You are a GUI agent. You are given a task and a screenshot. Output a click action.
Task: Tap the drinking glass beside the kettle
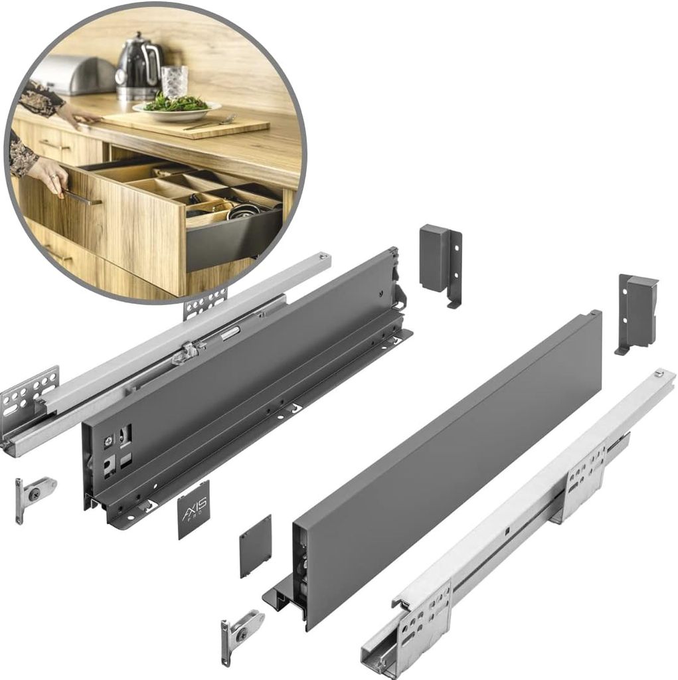click(x=174, y=82)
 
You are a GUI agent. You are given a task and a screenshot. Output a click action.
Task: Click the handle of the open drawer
click(x=83, y=198)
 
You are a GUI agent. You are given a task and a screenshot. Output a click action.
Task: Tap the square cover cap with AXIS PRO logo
click(x=194, y=509)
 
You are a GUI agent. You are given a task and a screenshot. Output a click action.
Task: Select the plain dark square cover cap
click(x=256, y=545)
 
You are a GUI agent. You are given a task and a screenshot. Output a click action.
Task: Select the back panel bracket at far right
click(x=637, y=311)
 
